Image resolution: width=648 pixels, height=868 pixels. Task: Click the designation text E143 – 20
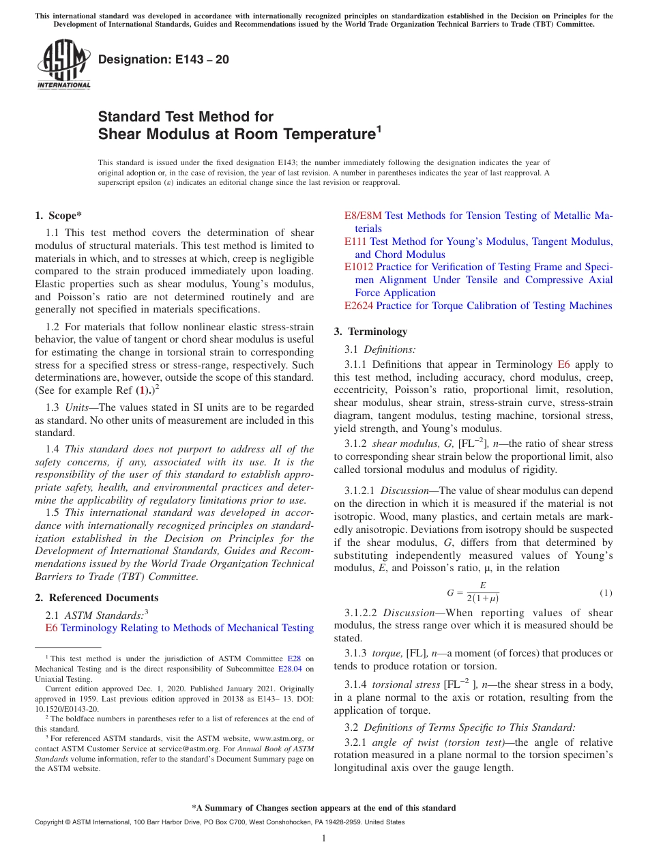coord(164,60)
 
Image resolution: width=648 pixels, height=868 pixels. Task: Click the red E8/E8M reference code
coord(363,216)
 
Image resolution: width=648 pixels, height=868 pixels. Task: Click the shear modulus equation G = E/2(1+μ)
coord(473,592)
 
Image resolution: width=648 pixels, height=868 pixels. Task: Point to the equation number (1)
coord(606,592)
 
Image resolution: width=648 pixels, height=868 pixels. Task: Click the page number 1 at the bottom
coord(324,838)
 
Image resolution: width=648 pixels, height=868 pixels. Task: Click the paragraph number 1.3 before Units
coord(53,407)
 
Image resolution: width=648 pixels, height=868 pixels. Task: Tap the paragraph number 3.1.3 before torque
coord(357,653)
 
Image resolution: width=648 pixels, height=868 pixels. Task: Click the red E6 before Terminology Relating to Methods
coord(52,628)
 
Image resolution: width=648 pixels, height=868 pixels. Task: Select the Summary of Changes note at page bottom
coord(324,808)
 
